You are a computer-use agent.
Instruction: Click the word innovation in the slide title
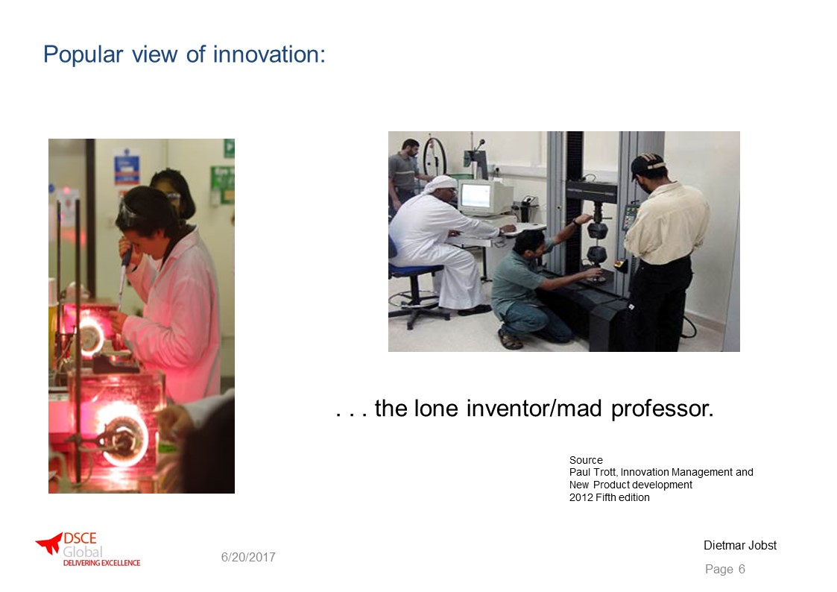[269, 54]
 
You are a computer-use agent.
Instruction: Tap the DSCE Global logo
[87, 550]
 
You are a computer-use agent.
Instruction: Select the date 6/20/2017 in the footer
[248, 557]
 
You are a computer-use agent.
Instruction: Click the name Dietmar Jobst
[740, 545]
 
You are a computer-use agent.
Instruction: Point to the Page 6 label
[725, 569]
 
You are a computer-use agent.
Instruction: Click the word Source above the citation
[586, 459]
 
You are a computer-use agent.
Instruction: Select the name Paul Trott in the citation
[592, 473]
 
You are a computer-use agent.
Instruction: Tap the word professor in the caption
[662, 409]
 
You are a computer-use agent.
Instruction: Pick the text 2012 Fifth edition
[609, 497]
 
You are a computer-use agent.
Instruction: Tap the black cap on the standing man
[646, 164]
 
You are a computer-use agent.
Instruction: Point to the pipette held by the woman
[124, 277]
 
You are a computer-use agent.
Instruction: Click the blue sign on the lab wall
[127, 169]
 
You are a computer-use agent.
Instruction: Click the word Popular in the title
[83, 54]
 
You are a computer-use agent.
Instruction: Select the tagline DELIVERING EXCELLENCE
[101, 563]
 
